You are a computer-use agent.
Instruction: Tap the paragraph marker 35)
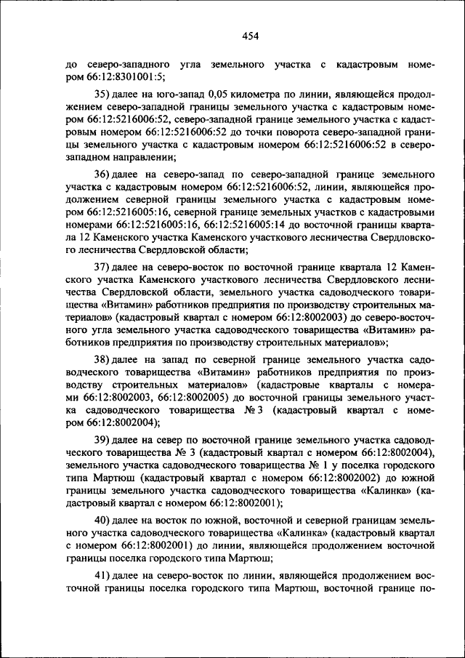[104, 94]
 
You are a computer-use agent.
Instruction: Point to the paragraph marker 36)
[104, 175]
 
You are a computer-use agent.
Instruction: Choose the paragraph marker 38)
[104, 362]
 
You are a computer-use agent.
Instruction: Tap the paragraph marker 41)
[104, 577]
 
